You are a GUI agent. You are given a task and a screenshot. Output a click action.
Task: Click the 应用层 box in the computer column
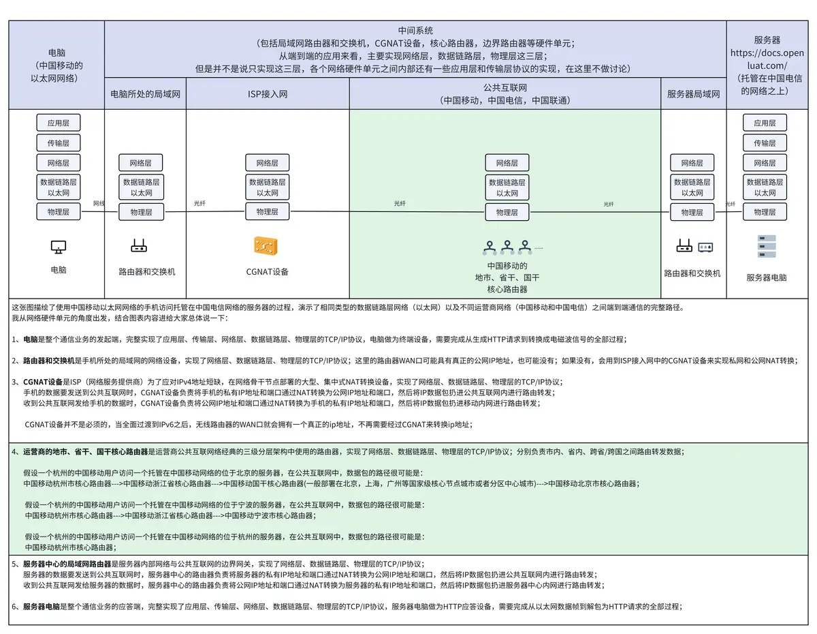59,123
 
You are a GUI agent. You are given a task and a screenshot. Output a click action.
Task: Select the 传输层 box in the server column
765,143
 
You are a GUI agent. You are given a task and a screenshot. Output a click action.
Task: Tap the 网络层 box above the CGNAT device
268,163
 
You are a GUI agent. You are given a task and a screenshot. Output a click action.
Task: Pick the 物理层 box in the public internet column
507,212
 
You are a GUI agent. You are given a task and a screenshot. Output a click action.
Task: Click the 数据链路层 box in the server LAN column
692,187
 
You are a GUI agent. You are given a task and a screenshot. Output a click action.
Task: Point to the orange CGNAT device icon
268,245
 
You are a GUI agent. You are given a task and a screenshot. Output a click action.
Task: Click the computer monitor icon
59,247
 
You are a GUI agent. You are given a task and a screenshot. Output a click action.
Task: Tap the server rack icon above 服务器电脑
767,246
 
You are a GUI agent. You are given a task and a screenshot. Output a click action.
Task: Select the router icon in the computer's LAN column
140,245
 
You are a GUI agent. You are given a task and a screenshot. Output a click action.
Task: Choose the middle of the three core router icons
507,247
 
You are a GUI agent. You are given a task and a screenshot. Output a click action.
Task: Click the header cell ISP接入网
268,94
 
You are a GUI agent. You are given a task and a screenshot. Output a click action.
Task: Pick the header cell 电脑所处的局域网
145,94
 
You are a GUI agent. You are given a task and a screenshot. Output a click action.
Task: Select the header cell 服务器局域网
693,94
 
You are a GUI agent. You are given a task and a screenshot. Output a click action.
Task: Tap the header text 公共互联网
504,88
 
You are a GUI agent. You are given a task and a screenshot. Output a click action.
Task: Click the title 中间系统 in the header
415,31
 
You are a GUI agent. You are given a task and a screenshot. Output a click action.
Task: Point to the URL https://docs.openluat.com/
767,59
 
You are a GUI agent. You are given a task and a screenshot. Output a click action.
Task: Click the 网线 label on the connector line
99,203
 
